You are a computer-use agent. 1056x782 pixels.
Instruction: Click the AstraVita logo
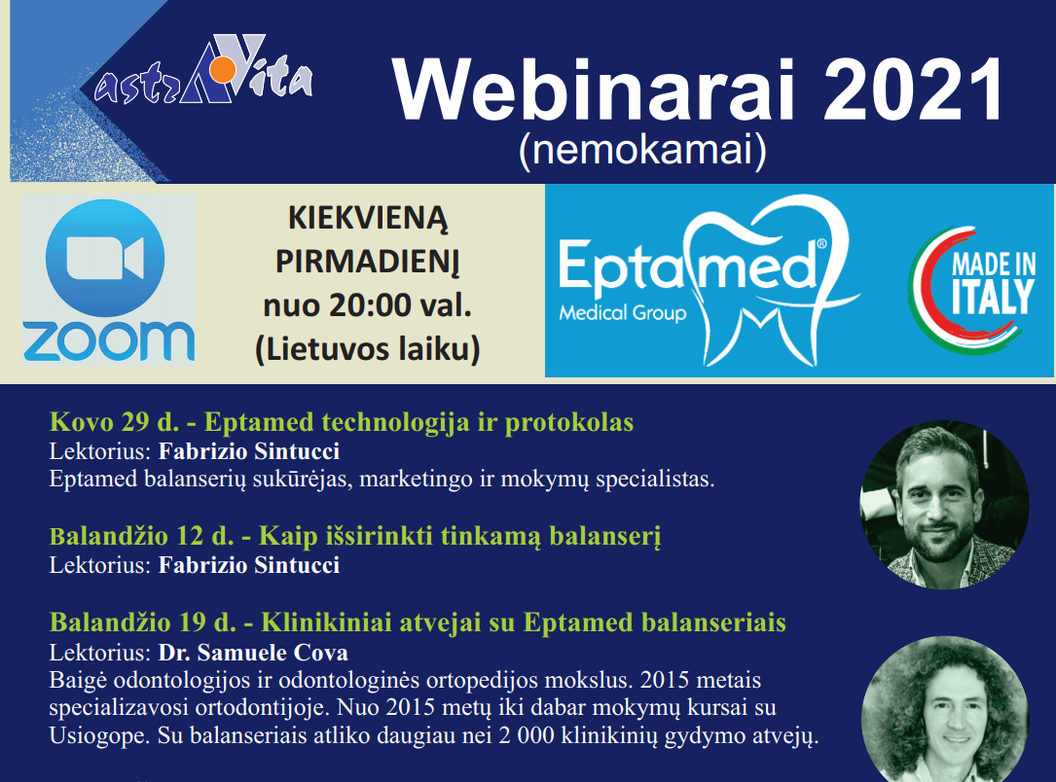click(203, 70)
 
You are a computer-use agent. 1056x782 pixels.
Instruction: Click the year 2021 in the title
click(913, 89)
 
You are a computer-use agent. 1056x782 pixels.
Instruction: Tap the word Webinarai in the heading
click(594, 89)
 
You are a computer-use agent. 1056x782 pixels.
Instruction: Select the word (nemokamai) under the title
click(642, 150)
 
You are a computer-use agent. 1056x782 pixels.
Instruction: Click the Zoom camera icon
click(105, 259)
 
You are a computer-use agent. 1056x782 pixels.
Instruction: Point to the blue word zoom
click(108, 340)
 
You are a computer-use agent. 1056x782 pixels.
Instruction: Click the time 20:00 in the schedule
click(371, 305)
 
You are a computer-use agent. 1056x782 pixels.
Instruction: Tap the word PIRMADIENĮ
click(368, 261)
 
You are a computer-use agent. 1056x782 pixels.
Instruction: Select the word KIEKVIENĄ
click(368, 218)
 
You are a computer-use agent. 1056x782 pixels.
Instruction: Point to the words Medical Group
click(622, 313)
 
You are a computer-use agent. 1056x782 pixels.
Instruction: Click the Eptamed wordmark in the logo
click(687, 267)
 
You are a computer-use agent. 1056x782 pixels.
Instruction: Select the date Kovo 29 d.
click(115, 422)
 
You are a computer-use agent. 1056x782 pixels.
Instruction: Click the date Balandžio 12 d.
click(141, 536)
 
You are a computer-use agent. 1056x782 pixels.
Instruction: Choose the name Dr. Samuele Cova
click(253, 652)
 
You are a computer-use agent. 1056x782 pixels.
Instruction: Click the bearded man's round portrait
click(944, 506)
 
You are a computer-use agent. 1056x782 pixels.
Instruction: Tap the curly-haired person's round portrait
click(945, 710)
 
